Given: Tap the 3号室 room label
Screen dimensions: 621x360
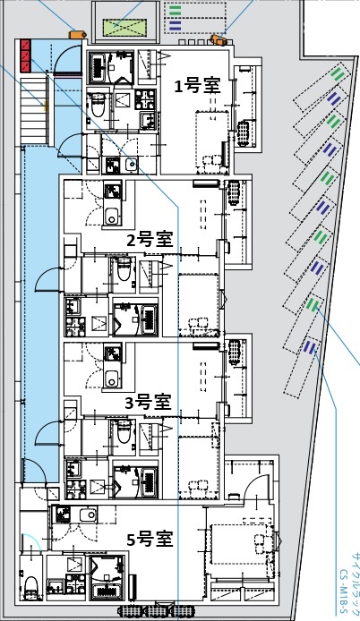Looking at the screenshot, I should pos(148,403).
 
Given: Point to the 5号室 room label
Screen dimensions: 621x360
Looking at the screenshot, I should pos(149,539).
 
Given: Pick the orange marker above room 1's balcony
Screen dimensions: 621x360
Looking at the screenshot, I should pos(218,39).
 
